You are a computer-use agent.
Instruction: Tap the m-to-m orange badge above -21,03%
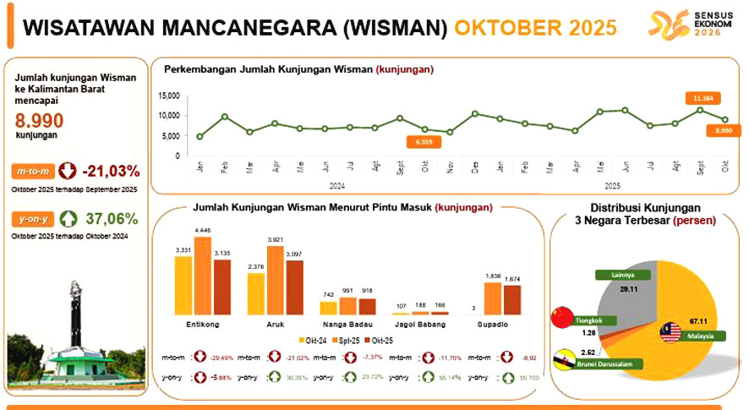pyautogui.click(x=33, y=171)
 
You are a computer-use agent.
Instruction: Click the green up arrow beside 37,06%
pyautogui.click(x=69, y=219)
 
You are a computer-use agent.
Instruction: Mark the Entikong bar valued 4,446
pyautogui.click(x=202, y=275)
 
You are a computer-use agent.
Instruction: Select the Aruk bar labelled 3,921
pyautogui.click(x=275, y=279)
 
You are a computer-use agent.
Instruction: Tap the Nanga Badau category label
pyautogui.click(x=347, y=323)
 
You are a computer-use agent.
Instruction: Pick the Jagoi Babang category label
pyautogui.click(x=421, y=323)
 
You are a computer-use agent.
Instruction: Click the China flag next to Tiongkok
pyautogui.click(x=561, y=317)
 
